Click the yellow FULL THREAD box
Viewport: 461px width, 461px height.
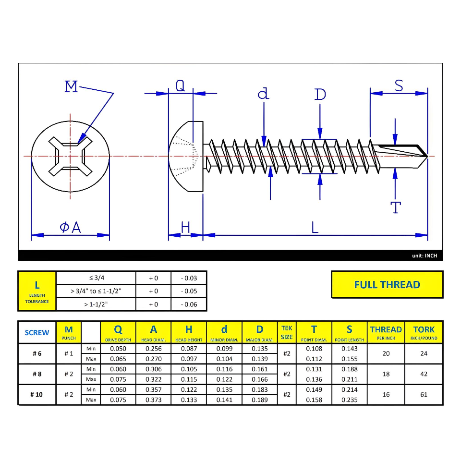387,284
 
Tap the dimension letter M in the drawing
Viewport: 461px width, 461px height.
71,87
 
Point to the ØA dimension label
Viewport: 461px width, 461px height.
71,227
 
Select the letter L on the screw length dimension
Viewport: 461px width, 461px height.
315,227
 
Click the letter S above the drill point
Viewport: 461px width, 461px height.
399,85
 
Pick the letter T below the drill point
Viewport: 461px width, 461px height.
395,207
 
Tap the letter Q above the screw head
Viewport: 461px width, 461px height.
180,85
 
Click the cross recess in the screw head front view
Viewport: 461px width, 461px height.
71,156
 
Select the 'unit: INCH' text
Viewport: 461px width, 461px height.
425,256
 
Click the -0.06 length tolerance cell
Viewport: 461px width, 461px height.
189,304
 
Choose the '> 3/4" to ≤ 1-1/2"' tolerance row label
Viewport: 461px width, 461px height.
96,291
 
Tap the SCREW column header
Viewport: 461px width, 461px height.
37,332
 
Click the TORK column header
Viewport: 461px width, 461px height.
424,332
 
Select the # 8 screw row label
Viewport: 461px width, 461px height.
37,374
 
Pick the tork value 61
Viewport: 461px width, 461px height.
424,395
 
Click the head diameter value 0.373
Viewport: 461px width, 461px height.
153,400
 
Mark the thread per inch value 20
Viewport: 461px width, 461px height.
386,353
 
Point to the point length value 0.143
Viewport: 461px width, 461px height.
349,349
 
